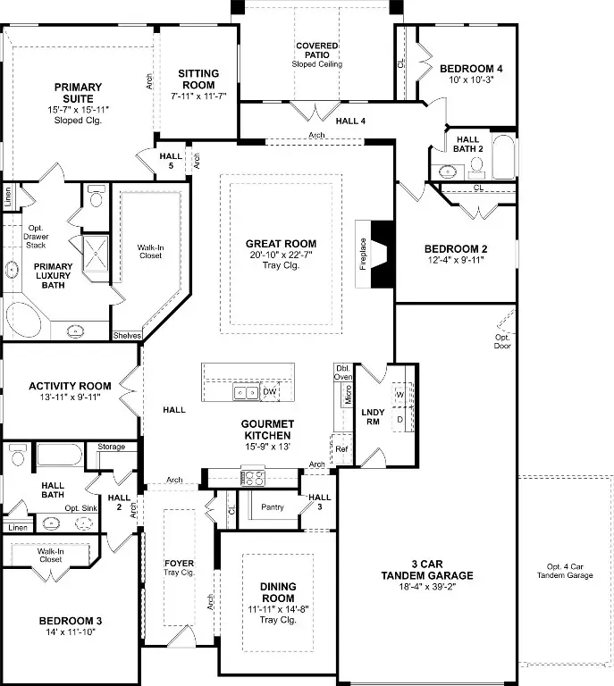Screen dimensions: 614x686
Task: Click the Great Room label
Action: click(281, 244)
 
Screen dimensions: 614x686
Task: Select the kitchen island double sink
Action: click(246, 392)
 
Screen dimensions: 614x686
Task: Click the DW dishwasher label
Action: click(270, 391)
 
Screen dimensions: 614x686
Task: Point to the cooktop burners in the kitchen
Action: click(254, 477)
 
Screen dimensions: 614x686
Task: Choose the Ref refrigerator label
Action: click(341, 449)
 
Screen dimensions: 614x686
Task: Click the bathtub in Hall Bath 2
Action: click(504, 156)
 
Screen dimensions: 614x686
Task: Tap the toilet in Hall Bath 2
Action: click(476, 168)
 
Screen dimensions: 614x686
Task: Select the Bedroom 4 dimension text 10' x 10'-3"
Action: click(471, 79)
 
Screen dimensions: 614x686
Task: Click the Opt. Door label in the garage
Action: click(502, 341)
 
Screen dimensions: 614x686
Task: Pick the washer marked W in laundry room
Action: click(400, 395)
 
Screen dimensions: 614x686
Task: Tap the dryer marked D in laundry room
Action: click(400, 420)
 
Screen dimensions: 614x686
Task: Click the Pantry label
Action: click(273, 507)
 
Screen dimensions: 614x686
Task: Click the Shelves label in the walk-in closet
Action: click(127, 336)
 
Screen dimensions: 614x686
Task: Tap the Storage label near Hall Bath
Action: click(111, 447)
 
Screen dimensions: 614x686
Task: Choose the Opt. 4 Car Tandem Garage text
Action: click(565, 571)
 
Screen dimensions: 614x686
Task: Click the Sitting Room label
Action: click(198, 79)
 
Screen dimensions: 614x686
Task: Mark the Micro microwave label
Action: click(349, 395)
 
